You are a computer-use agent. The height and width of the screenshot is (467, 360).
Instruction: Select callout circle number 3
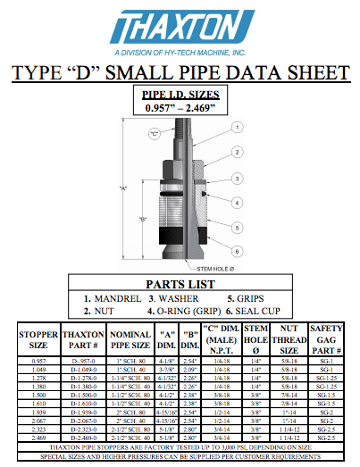pyautogui.click(x=236, y=179)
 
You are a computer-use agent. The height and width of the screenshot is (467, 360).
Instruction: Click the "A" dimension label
pyautogui.click(x=124, y=188)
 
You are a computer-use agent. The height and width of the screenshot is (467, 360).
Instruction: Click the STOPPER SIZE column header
pyautogui.click(x=38, y=340)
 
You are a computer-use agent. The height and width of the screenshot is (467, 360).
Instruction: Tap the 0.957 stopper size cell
pyautogui.click(x=38, y=359)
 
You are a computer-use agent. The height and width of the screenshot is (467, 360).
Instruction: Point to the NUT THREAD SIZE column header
pyautogui.click(x=283, y=340)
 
